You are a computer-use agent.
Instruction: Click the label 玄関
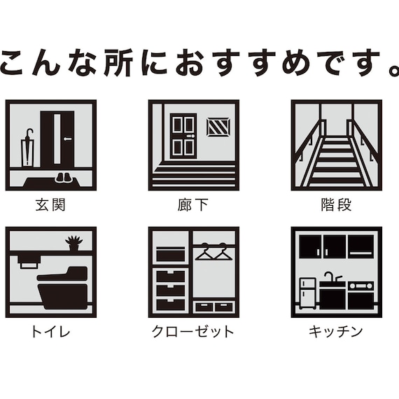(x=50, y=206)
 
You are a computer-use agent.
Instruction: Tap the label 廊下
(x=193, y=206)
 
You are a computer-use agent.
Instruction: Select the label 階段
(x=336, y=206)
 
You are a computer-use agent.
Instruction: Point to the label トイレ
(x=50, y=331)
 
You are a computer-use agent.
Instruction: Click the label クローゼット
(x=193, y=331)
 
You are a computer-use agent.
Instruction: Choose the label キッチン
(x=336, y=331)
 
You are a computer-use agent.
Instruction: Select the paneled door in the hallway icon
(x=183, y=135)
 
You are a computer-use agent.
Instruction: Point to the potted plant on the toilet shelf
(x=73, y=243)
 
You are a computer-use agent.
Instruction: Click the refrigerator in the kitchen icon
(x=307, y=293)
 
